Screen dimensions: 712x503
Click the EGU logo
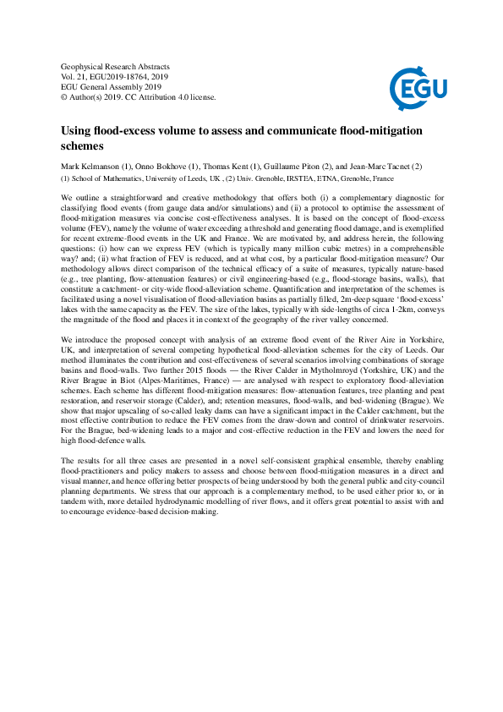(418, 81)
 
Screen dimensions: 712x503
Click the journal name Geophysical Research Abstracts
(115, 66)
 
